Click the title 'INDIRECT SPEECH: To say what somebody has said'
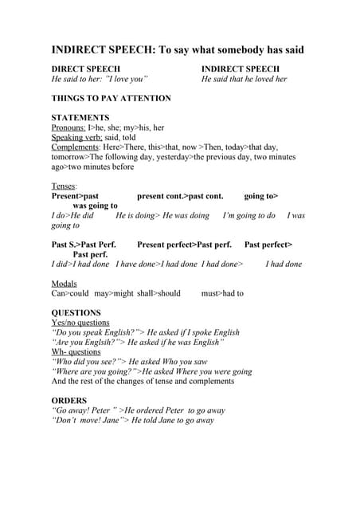pyautogui.click(x=178, y=50)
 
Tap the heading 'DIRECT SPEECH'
pyautogui.click(x=85, y=69)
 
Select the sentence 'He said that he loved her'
pyautogui.click(x=244, y=79)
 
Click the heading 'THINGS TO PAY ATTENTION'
pyautogui.click(x=111, y=98)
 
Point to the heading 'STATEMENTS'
pyautogui.click(x=80, y=117)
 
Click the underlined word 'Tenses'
pyautogui.click(x=64, y=186)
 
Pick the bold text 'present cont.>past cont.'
pyautogui.click(x=180, y=195)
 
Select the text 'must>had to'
pyautogui.click(x=222, y=293)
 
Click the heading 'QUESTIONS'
pyautogui.click(x=76, y=312)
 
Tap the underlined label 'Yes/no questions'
pyautogui.click(x=80, y=323)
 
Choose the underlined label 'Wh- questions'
pyautogui.click(x=76, y=351)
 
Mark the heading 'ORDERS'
pyautogui.click(x=69, y=400)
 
